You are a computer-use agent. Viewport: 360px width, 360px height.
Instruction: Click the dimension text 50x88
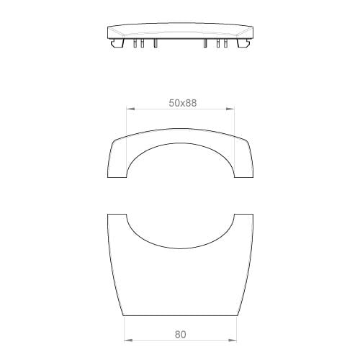click(x=183, y=103)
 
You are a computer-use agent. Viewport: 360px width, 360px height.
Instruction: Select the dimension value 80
click(x=180, y=334)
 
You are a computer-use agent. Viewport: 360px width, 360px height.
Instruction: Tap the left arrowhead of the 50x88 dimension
click(x=130, y=109)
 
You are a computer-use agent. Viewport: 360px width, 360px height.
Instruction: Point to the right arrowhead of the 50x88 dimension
click(x=230, y=109)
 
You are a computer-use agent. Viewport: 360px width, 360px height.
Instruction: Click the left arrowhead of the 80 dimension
click(x=128, y=340)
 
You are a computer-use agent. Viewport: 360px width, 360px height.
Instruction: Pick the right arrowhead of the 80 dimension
click(x=233, y=340)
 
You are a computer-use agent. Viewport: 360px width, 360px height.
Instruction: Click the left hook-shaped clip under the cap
click(x=117, y=42)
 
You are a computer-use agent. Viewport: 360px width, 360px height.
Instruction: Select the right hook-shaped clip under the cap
click(x=243, y=42)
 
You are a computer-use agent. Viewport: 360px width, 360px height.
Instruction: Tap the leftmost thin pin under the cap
click(x=135, y=43)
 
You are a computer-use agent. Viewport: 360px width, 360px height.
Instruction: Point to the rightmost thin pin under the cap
click(x=225, y=43)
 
